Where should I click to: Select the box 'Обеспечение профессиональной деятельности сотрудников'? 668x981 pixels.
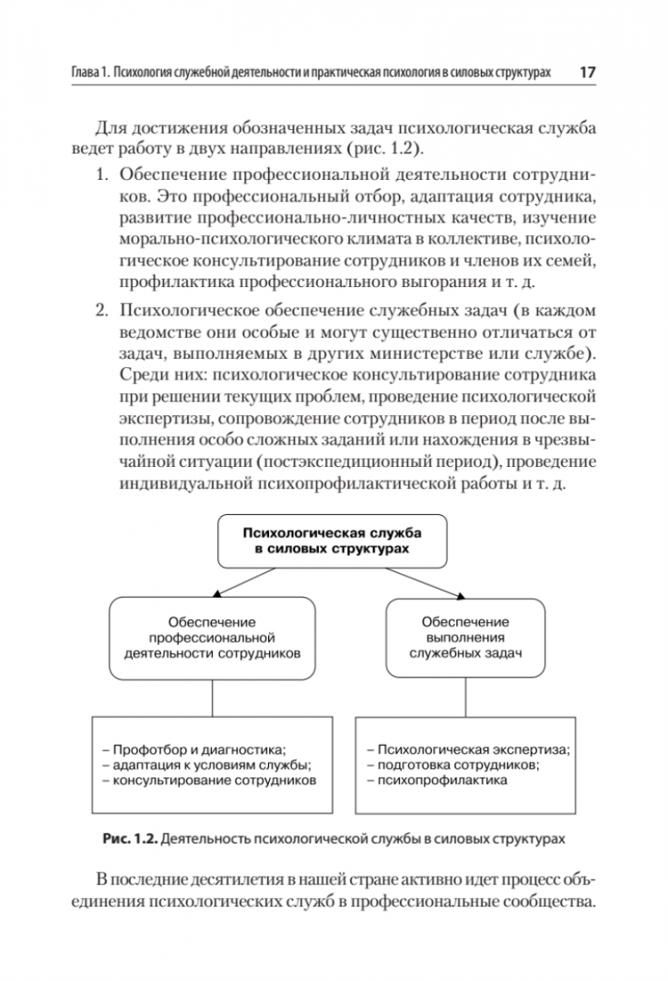(x=212, y=638)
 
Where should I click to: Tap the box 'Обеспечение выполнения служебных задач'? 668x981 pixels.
(x=465, y=637)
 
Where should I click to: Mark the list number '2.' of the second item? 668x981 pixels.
(x=104, y=310)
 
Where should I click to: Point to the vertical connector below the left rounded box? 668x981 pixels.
(x=212, y=700)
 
